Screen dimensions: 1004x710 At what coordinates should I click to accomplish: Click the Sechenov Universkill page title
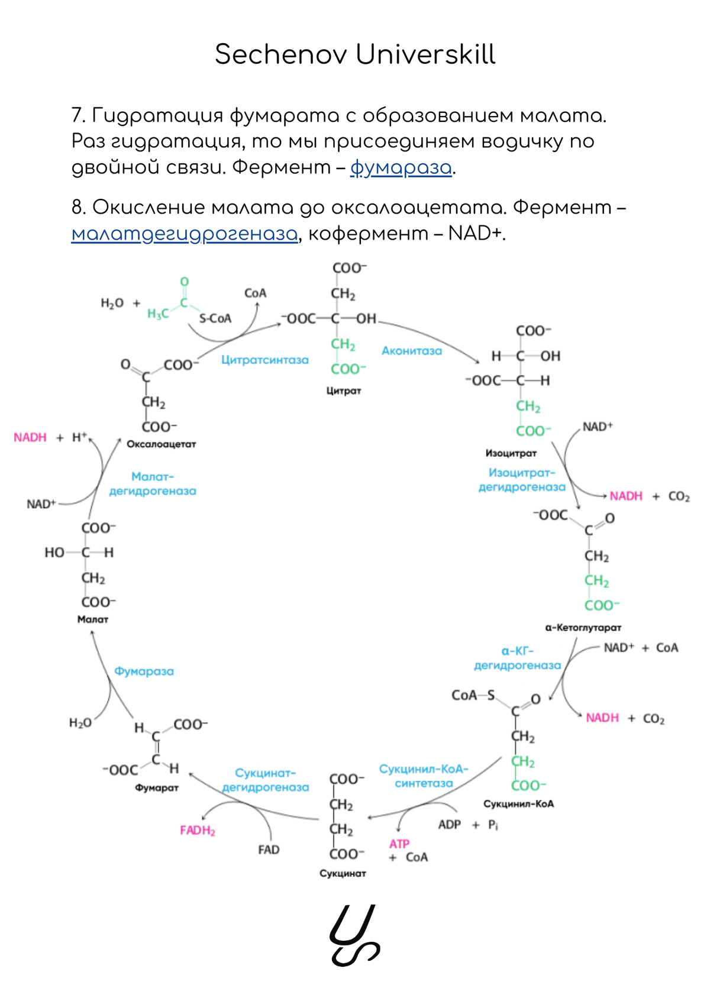tap(355, 54)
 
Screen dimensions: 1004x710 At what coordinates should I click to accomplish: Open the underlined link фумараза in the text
tap(401, 168)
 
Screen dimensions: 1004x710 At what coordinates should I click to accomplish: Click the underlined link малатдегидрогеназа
tap(185, 234)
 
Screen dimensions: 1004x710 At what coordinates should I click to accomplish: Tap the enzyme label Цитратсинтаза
tap(265, 360)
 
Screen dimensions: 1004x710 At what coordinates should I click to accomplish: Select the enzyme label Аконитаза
tap(412, 351)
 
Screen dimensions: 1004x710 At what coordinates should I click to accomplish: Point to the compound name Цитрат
tap(344, 390)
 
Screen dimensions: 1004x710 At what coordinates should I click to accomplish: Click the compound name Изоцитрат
tap(511, 453)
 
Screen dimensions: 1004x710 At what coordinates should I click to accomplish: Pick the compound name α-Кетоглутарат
tap(583, 627)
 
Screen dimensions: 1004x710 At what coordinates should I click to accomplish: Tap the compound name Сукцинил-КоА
tap(519, 804)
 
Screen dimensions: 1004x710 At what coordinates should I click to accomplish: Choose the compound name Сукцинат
tap(343, 873)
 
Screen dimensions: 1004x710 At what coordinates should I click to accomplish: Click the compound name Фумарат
tap(157, 787)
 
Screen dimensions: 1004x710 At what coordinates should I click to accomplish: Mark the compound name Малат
tap(93, 619)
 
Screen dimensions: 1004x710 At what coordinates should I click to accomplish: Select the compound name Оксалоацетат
tap(161, 444)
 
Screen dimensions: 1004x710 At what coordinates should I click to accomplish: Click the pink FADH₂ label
tap(198, 831)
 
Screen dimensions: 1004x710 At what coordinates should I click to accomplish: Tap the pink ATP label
tap(399, 844)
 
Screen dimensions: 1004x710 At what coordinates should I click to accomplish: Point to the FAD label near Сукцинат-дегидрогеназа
tap(269, 850)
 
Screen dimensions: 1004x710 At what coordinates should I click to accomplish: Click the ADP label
tap(450, 825)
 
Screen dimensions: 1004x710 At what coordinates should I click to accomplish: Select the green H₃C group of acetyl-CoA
tap(158, 314)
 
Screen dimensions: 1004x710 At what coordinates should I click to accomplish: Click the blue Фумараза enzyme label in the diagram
tap(144, 672)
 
